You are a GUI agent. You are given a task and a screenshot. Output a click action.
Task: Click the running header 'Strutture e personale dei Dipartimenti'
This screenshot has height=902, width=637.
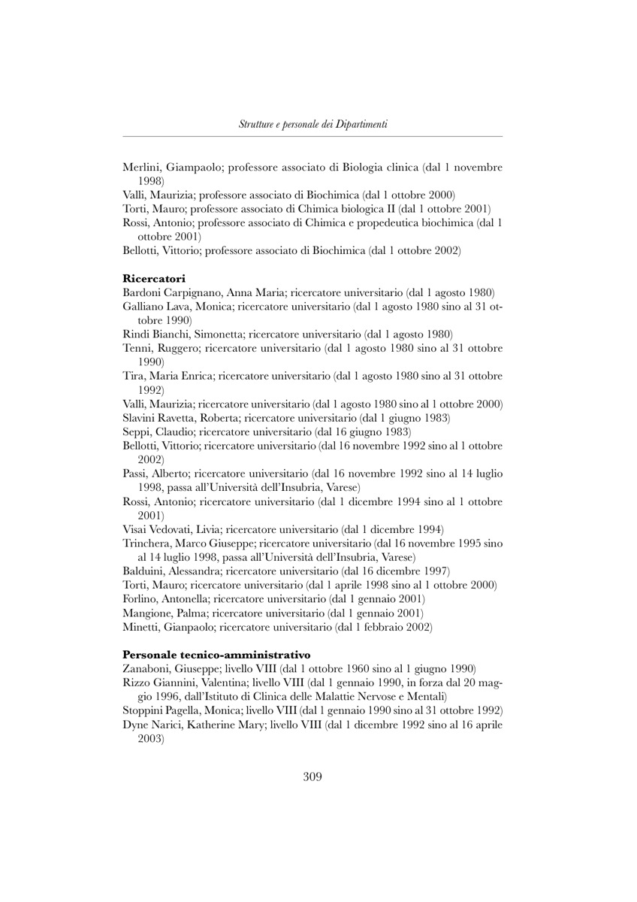[312, 124]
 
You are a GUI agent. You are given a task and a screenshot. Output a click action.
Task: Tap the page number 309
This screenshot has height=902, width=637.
[312, 776]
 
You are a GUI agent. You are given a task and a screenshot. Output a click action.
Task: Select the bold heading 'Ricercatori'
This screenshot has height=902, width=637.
[154, 279]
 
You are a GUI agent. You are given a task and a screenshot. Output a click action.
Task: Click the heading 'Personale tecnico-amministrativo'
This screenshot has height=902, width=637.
[216, 655]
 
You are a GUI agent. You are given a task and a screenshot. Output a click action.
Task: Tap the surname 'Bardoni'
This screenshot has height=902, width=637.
[141, 292]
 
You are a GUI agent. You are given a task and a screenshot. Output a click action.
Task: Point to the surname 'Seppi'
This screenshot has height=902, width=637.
[136, 431]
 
